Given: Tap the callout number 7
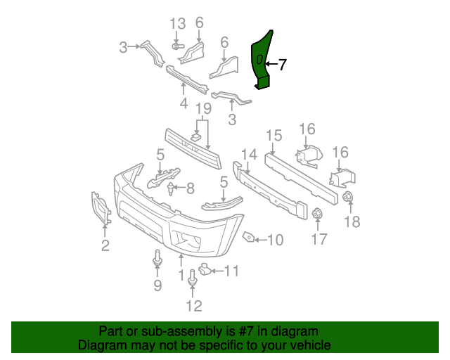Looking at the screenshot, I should [282, 65].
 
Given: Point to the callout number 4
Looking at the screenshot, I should [184, 103].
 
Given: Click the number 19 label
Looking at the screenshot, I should [203, 109].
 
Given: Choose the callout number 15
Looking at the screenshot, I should [274, 135].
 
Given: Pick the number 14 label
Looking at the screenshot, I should [249, 155].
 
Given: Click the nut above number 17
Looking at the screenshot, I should [317, 214].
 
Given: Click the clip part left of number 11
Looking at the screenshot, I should [205, 268].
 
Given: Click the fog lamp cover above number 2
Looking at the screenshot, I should [101, 208].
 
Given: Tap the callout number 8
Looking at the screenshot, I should [189, 188].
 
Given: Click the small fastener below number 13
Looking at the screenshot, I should [177, 46].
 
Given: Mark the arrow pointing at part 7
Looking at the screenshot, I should [270, 65].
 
